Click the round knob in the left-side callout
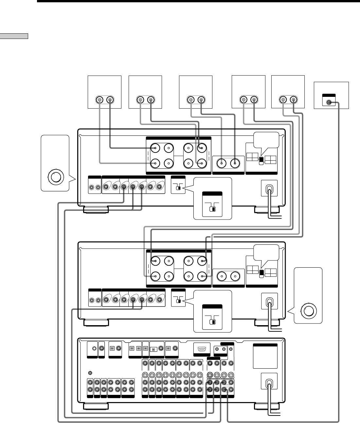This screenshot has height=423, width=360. pyautogui.click(x=55, y=177)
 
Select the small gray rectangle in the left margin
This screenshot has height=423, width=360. pyautogui.click(x=14, y=36)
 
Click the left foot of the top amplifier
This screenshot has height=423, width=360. pyautogui.click(x=96, y=210)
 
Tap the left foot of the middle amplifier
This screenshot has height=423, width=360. pyautogui.click(x=96, y=323)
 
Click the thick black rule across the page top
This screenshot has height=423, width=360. pyautogui.click(x=196, y=1)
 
